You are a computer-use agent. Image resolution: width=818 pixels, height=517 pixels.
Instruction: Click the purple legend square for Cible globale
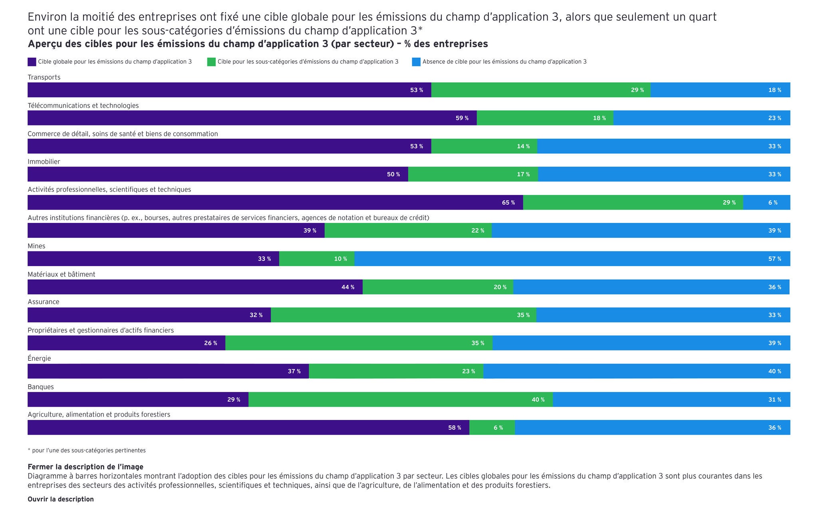point(32,62)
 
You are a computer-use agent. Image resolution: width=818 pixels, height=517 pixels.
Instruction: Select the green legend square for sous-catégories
point(211,62)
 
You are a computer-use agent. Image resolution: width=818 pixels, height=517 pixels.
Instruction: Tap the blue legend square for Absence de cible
point(416,62)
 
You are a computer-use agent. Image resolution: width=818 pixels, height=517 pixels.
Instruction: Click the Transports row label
point(44,77)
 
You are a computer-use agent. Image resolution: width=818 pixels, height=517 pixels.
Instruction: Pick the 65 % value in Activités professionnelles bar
point(508,203)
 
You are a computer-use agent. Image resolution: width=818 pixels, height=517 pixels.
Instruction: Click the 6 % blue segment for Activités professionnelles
point(766,203)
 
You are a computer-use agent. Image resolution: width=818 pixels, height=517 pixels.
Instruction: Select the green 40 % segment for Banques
point(401,400)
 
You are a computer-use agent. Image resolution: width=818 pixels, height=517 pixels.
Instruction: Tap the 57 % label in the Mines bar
point(774,259)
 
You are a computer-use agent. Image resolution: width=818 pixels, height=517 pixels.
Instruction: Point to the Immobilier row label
point(44,161)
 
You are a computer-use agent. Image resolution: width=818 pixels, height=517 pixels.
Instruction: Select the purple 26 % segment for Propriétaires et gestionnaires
point(126,343)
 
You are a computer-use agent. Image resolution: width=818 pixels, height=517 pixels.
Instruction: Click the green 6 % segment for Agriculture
point(492,428)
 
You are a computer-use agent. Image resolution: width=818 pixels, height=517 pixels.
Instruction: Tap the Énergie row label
point(39,358)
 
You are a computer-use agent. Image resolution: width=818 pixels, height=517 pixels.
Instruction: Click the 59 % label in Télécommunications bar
point(462,118)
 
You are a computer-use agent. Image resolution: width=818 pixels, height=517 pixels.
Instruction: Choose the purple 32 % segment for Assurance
point(149,315)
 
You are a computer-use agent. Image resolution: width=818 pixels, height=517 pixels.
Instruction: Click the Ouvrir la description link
point(61,499)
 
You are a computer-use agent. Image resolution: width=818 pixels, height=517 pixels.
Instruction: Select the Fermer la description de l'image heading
point(85,467)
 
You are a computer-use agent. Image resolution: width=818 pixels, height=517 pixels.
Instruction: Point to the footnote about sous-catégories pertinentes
point(87,450)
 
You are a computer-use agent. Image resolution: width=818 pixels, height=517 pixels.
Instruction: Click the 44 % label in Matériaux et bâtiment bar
point(347,287)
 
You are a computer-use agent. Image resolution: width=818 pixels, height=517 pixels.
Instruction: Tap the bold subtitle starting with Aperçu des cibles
point(258,44)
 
